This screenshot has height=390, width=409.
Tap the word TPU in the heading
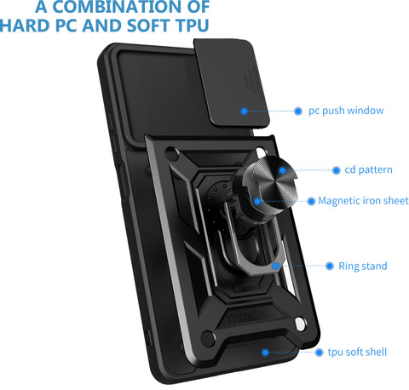(x=193, y=26)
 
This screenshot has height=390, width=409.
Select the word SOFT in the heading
(x=147, y=26)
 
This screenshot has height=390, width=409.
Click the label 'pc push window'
(x=346, y=111)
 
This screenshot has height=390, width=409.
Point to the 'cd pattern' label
(x=368, y=169)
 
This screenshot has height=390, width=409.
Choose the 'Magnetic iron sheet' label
(x=363, y=201)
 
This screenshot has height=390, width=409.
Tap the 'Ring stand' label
(x=363, y=266)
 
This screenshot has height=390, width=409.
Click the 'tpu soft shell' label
(x=357, y=353)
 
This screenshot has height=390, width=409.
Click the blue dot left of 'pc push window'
(x=298, y=111)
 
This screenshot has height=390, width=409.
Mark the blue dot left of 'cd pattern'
(x=337, y=170)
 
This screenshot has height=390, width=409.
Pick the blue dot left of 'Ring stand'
(x=330, y=266)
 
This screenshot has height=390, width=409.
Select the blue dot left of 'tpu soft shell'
(x=320, y=353)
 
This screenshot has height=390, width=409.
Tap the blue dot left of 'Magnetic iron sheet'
(x=311, y=201)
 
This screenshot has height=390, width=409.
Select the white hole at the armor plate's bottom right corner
(x=300, y=324)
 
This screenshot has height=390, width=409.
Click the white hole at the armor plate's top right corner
(x=261, y=152)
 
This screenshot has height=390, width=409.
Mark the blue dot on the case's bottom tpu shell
(x=265, y=353)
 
